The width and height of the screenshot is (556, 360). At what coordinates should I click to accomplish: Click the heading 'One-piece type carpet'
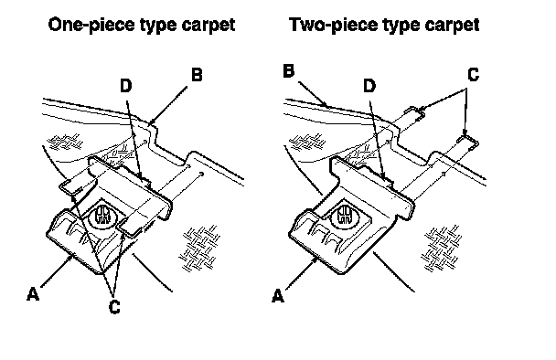[x=142, y=25]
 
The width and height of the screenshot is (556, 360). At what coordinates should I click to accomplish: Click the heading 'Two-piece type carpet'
[x=384, y=25]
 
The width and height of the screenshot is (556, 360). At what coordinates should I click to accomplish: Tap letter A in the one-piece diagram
[x=33, y=294]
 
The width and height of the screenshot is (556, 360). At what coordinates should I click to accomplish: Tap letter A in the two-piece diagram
[x=278, y=295]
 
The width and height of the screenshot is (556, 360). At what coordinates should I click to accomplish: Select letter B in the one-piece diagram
[x=197, y=75]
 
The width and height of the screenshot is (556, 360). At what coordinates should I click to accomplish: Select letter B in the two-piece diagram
[x=289, y=71]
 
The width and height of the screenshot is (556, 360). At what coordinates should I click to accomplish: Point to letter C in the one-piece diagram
[x=114, y=306]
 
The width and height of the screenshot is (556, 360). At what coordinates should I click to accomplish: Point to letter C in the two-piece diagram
[x=474, y=74]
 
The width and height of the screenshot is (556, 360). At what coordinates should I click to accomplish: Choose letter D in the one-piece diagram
[x=126, y=86]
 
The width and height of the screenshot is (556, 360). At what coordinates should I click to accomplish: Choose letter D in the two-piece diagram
[x=369, y=86]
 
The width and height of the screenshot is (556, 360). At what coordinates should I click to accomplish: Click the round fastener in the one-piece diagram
[x=102, y=215]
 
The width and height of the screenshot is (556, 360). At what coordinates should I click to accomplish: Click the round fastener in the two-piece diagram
[x=344, y=214]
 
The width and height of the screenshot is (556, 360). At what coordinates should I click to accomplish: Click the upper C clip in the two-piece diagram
[x=415, y=112]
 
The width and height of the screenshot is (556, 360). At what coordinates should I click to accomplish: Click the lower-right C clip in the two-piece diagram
[x=468, y=142]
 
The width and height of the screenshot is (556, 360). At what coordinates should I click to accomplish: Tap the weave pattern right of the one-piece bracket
[x=200, y=248]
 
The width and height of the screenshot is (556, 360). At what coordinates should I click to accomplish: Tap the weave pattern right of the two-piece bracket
[x=442, y=248]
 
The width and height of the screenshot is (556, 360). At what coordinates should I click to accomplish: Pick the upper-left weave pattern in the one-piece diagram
[x=66, y=142]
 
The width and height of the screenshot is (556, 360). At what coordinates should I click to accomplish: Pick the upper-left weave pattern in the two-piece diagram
[x=308, y=142]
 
